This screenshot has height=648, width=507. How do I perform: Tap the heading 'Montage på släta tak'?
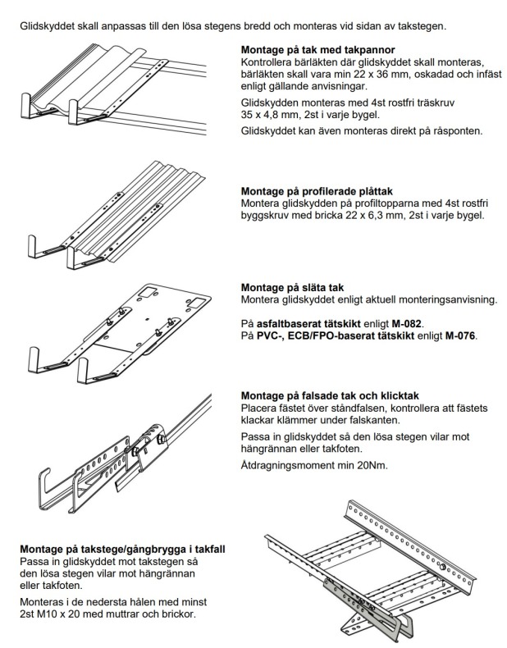pos(294,287)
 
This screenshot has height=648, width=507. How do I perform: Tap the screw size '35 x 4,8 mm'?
pos(271,116)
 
